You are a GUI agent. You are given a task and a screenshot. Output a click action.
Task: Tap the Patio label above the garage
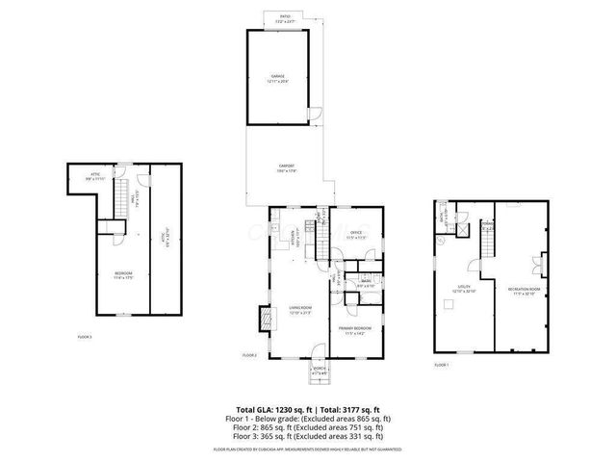(x=285, y=18)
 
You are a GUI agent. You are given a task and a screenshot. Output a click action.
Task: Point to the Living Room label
(x=299, y=309)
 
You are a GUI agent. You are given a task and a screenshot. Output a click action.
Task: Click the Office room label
(x=355, y=233)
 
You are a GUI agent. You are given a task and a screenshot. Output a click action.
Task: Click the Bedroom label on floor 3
(x=122, y=274)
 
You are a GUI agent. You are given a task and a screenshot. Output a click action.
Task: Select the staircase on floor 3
(x=123, y=201)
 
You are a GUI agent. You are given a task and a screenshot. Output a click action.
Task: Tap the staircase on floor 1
(x=490, y=245)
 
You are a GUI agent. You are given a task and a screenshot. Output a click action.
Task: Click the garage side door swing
(x=312, y=114)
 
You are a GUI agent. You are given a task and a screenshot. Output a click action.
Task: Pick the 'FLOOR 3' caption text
(x=85, y=337)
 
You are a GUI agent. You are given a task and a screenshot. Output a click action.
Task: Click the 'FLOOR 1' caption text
(x=442, y=365)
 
